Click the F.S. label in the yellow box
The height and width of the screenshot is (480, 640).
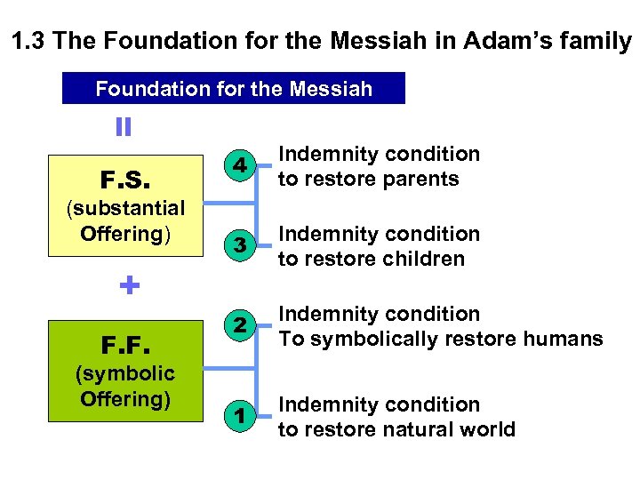click(x=125, y=181)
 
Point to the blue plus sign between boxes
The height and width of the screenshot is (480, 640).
click(x=129, y=285)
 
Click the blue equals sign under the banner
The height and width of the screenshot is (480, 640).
click(x=124, y=127)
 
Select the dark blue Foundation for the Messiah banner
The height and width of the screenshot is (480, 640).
click(x=233, y=89)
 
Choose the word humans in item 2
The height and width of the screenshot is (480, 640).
click(x=563, y=339)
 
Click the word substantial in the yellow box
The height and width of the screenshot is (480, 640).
click(x=126, y=208)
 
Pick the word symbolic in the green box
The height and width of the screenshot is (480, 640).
click(x=125, y=372)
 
